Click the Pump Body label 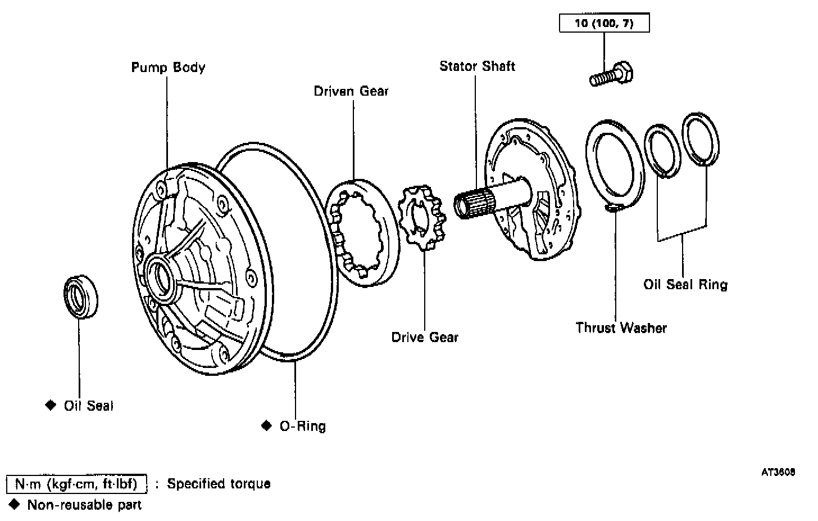[x=168, y=68]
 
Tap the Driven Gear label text [x=351, y=91]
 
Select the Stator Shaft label [x=477, y=66]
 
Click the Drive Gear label [x=425, y=338]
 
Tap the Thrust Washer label [x=621, y=328]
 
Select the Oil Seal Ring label [x=685, y=285]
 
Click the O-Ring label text [x=303, y=426]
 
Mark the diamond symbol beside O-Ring [x=266, y=425]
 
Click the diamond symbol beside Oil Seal [x=51, y=405]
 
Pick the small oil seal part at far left [x=79, y=297]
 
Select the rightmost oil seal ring [x=701, y=139]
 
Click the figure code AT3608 [x=778, y=473]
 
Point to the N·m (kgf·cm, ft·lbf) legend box [x=76, y=484]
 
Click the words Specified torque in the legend [x=219, y=484]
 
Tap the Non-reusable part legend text [x=84, y=505]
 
